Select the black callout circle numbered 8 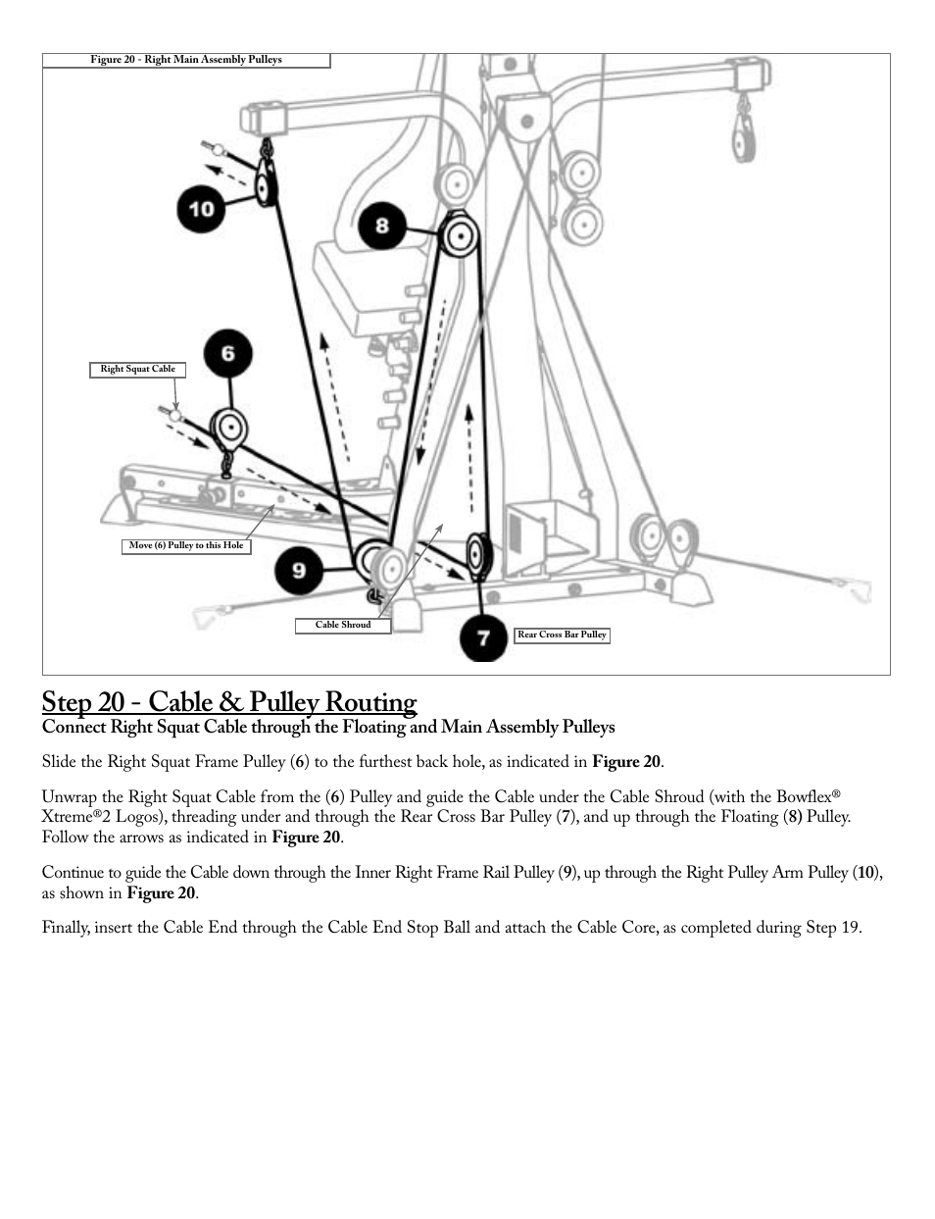381,227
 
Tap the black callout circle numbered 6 227,353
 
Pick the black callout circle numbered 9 299,570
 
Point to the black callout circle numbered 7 484,637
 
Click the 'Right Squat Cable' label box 137,370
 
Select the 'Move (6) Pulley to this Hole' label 186,546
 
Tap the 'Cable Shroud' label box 343,626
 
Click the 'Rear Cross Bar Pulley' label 562,635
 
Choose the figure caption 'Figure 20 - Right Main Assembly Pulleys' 186,60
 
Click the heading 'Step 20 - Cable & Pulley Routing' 228,702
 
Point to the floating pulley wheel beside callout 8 457,237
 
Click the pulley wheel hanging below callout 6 229,428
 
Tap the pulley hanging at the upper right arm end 746,132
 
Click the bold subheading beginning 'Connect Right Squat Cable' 328,727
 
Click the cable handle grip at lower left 209,618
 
